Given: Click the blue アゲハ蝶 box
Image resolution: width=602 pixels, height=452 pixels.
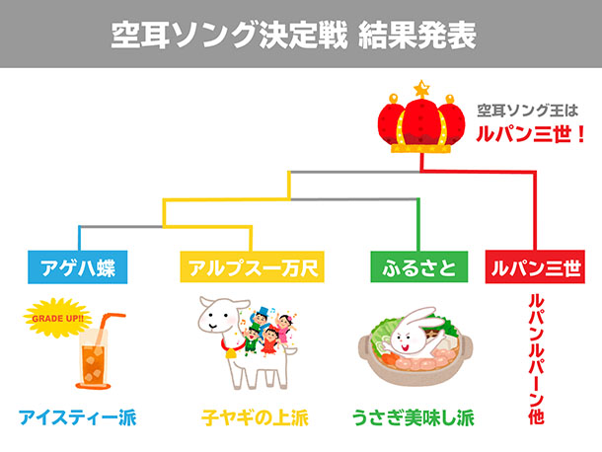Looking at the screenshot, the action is point(78,266).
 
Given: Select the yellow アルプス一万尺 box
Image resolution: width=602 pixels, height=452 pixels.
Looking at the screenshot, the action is point(253,266).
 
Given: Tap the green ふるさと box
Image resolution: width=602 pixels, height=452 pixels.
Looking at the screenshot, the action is point(418,266).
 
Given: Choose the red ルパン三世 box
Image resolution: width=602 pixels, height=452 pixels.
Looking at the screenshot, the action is point(535,266).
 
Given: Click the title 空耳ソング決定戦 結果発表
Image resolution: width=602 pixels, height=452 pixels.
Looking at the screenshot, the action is point(294,35).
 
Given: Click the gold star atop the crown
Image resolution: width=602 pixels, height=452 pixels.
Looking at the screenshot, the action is point(421,89).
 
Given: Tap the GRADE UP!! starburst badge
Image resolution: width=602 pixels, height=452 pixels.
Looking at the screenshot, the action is point(57,318).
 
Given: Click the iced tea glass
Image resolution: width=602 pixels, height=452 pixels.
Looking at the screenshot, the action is point(94,359).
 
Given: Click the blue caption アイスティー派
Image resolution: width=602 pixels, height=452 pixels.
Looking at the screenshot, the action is point(78,417).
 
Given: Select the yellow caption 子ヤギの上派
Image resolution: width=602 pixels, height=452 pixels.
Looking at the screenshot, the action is point(255,417).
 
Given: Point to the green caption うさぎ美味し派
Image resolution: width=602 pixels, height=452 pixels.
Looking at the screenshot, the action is point(414,417).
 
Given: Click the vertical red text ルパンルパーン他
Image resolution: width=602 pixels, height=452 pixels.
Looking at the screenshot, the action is point(536,359).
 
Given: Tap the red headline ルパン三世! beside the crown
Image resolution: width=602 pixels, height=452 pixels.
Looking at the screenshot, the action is point(530,134).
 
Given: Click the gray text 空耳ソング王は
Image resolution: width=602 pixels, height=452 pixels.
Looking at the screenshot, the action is point(528,111).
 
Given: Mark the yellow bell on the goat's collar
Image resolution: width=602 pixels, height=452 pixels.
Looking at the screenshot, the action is point(232,353).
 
